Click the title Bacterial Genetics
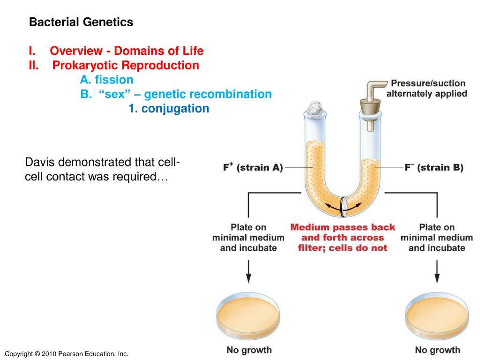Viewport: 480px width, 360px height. pyautogui.click(x=81, y=22)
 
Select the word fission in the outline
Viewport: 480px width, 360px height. pyautogui.click(x=114, y=80)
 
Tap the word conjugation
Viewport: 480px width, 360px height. pyautogui.click(x=175, y=109)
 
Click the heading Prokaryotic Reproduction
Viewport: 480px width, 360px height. pyautogui.click(x=126, y=65)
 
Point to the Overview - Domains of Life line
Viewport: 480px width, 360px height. pyautogui.click(x=127, y=51)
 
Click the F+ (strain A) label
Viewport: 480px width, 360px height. pyautogui.click(x=253, y=167)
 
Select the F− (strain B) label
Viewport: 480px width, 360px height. pyautogui.click(x=434, y=167)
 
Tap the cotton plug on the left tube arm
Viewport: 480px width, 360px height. pyautogui.click(x=315, y=108)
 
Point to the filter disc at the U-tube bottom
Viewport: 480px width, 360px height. pyautogui.click(x=344, y=207)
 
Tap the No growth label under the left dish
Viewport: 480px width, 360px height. pyautogui.click(x=249, y=350)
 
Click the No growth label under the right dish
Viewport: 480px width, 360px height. pyautogui.click(x=437, y=350)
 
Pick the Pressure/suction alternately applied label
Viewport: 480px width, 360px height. pyautogui.click(x=427, y=89)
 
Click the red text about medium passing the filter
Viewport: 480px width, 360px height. pyautogui.click(x=343, y=238)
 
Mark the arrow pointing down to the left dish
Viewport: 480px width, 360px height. pyautogui.click(x=248, y=271)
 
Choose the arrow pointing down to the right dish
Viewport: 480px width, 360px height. pyautogui.click(x=437, y=271)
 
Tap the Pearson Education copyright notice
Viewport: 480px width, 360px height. pyautogui.click(x=67, y=354)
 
